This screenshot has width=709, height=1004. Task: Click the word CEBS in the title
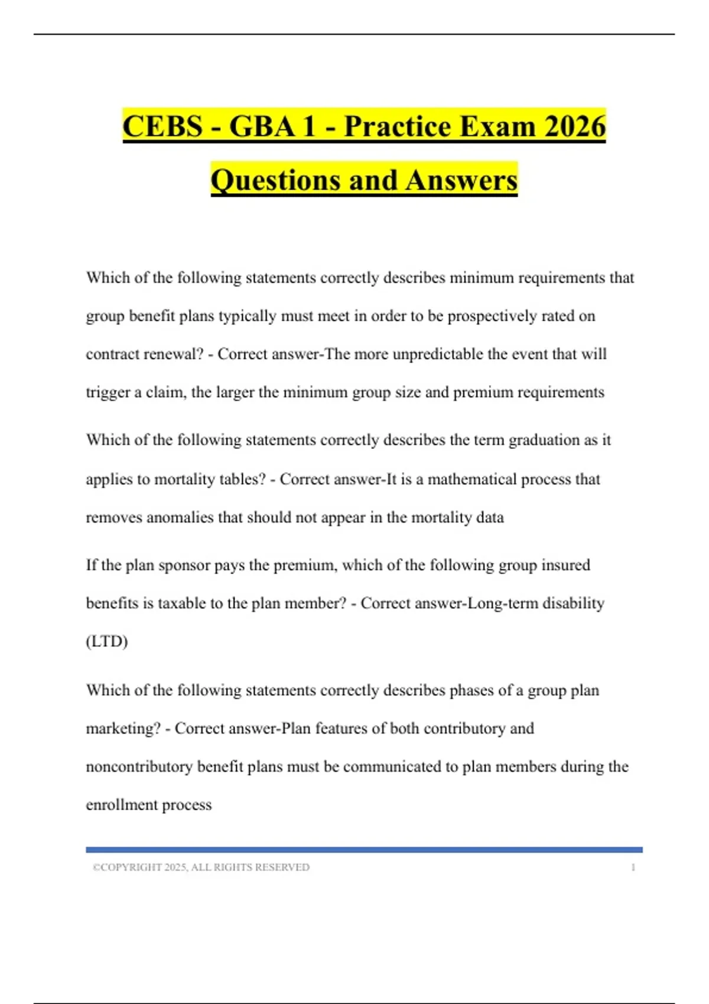point(162,126)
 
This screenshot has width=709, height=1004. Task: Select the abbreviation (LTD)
point(107,641)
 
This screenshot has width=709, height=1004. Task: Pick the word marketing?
point(123,729)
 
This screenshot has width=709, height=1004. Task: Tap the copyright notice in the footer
point(201,867)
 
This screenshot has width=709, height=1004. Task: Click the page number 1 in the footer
point(633,867)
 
